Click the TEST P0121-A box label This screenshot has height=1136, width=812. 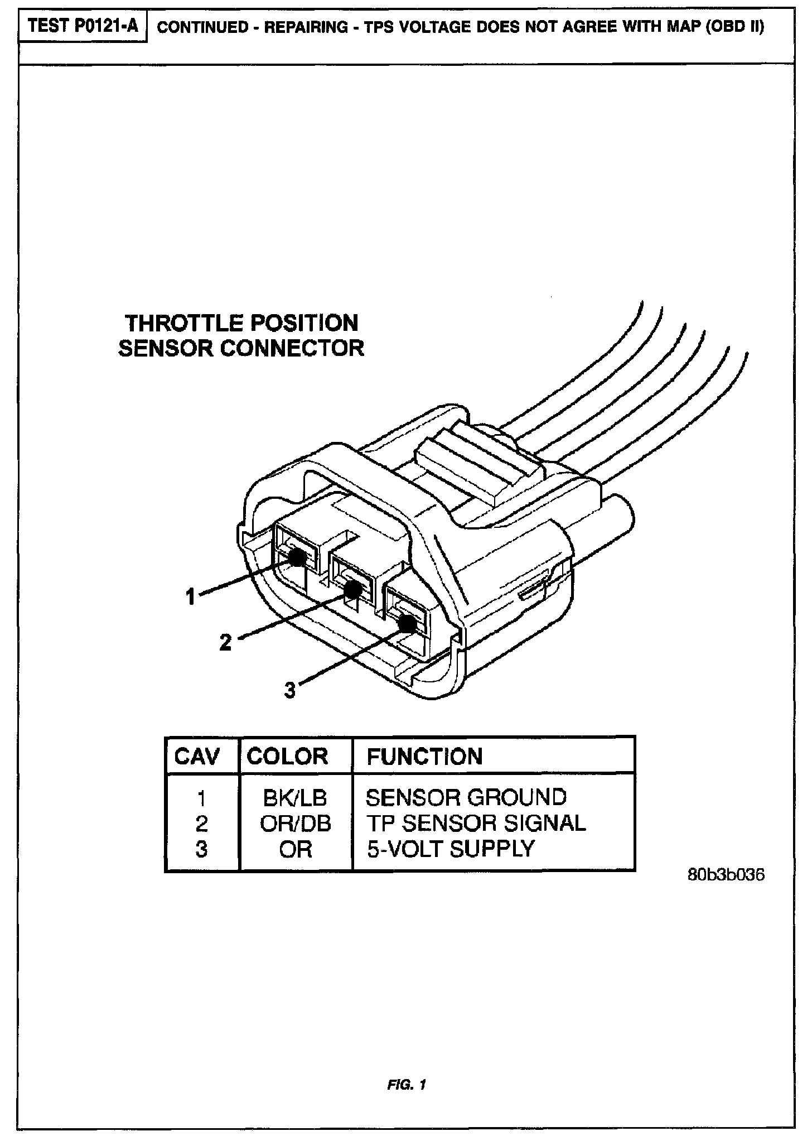[82, 26]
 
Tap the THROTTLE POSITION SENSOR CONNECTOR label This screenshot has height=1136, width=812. [241, 335]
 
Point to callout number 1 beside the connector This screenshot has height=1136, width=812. [191, 596]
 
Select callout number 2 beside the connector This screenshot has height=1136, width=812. [225, 642]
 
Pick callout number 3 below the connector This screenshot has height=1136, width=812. [289, 691]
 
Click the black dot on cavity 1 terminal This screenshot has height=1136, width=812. [297, 556]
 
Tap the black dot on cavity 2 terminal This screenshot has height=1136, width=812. [352, 589]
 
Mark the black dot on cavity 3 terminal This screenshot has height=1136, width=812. [407, 623]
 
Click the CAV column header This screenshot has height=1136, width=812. [197, 757]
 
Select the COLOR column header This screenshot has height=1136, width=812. [287, 757]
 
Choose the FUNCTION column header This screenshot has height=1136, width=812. [424, 757]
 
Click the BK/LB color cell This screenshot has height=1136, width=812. [295, 798]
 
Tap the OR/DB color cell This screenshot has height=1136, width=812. [296, 824]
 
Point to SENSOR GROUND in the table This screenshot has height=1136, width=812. [466, 798]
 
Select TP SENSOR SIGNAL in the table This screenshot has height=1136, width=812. [476, 824]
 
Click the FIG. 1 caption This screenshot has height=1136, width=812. [406, 1085]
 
